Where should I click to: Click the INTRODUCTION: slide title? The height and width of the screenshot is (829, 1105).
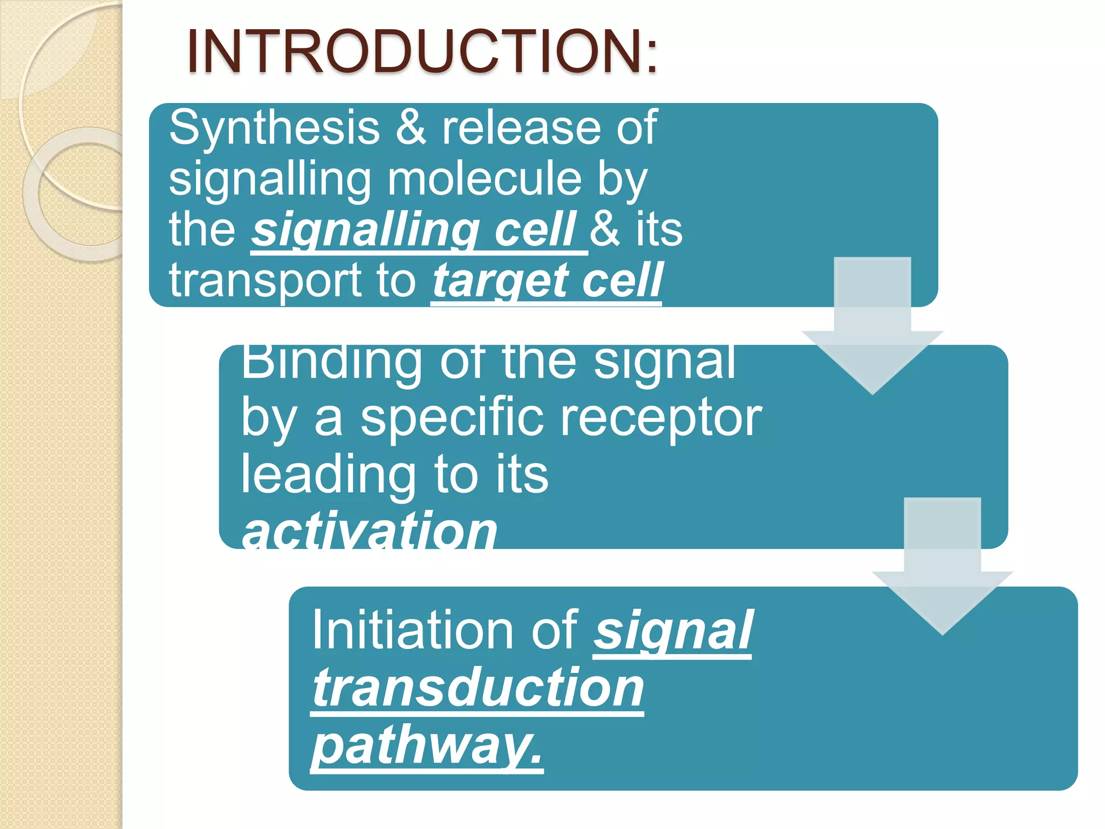click(422, 52)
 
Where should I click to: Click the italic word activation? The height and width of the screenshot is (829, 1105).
click(369, 531)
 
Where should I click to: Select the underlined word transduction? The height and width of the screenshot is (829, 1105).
click(478, 688)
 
